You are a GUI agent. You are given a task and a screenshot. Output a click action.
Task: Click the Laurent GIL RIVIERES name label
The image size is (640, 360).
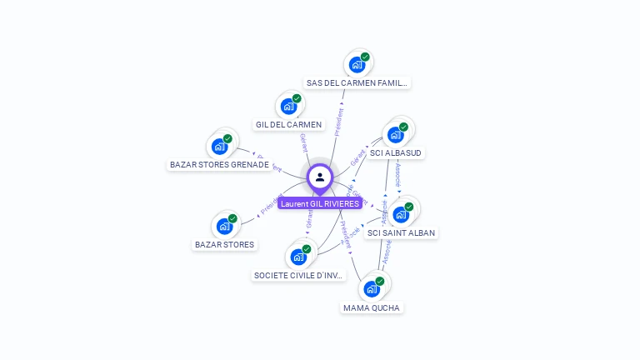(320, 203)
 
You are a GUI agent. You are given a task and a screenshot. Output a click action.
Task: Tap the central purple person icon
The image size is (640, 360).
(320, 177)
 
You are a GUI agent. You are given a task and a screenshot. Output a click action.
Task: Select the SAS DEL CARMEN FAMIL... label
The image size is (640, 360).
(357, 83)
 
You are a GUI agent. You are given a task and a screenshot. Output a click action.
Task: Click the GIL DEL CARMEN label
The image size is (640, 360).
(288, 125)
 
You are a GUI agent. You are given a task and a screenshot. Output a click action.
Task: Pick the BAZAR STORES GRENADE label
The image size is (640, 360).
(219, 165)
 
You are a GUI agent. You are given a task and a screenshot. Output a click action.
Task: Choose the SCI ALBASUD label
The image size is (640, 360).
(396, 153)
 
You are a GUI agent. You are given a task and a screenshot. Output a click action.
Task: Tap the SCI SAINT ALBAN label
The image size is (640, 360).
(401, 233)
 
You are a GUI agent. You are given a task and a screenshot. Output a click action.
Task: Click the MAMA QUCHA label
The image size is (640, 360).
(372, 308)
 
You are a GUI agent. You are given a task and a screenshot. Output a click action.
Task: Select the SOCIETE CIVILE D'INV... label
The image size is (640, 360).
(298, 276)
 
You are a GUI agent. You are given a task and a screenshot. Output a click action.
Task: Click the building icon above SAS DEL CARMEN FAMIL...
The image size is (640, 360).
(357, 64)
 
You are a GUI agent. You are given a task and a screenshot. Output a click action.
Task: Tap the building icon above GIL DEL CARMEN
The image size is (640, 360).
(288, 106)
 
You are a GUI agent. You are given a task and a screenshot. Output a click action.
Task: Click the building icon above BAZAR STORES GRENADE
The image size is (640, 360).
(219, 146)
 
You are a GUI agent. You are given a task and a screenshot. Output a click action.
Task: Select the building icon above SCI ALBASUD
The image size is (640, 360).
(395, 134)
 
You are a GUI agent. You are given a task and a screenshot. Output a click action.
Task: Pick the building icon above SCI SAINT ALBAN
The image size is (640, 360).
(401, 214)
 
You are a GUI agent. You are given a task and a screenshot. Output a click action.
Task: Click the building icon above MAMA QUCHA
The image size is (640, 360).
(372, 289)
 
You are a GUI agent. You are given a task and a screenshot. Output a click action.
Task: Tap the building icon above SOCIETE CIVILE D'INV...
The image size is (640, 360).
(298, 257)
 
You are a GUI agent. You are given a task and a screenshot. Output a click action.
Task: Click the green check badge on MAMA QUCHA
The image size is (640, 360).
(379, 282)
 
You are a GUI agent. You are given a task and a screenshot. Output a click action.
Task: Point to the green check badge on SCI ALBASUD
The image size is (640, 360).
(403, 127)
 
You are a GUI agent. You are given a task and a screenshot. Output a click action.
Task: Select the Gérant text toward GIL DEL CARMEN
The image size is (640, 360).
(303, 142)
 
